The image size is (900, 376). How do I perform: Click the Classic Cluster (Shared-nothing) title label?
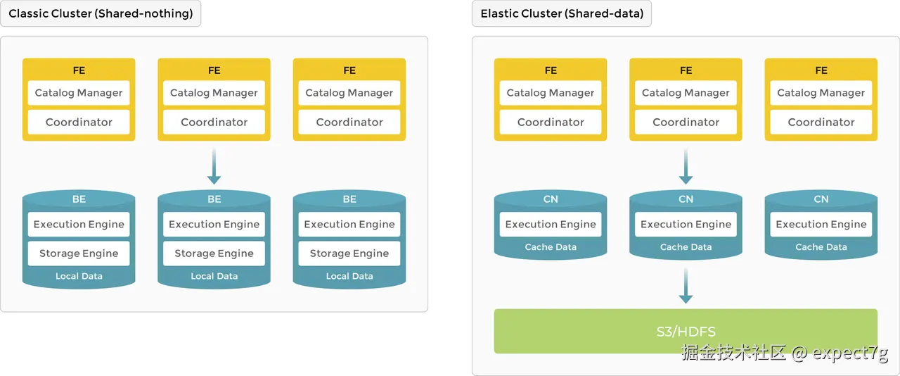coord(101,13)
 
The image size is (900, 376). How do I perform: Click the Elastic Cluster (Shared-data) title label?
coord(562,13)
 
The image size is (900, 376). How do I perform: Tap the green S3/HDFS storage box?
coord(686,331)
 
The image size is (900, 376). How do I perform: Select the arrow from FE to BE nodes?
coord(214,166)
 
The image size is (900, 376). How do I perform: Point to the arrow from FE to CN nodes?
coord(686,166)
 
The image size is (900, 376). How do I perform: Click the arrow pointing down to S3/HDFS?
coord(686,285)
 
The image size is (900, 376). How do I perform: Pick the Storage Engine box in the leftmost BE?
coord(79,253)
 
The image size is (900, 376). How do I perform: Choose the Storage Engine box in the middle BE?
coord(214,253)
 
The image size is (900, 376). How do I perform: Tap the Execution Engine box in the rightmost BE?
coord(349,224)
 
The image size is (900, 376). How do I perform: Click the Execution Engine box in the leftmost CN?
coord(551,224)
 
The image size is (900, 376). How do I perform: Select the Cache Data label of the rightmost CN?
coord(821,246)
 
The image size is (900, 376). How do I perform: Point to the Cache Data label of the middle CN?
coord(686,246)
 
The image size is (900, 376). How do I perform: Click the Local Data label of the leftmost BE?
coord(79,276)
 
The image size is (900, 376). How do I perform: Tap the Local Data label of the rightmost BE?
coord(349,276)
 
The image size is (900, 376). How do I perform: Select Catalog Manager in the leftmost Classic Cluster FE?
coord(79,92)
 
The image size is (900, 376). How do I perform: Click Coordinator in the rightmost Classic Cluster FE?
coord(349,122)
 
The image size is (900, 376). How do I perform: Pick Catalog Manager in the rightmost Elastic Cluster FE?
coord(821,92)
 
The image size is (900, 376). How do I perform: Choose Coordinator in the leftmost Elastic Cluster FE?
coord(551,122)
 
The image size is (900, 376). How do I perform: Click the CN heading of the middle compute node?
coord(686,199)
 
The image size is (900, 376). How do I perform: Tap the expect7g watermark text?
coord(850,353)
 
